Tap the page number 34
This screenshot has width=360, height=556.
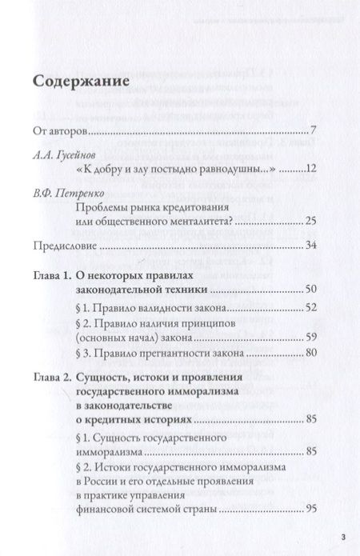pos(312,247)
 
